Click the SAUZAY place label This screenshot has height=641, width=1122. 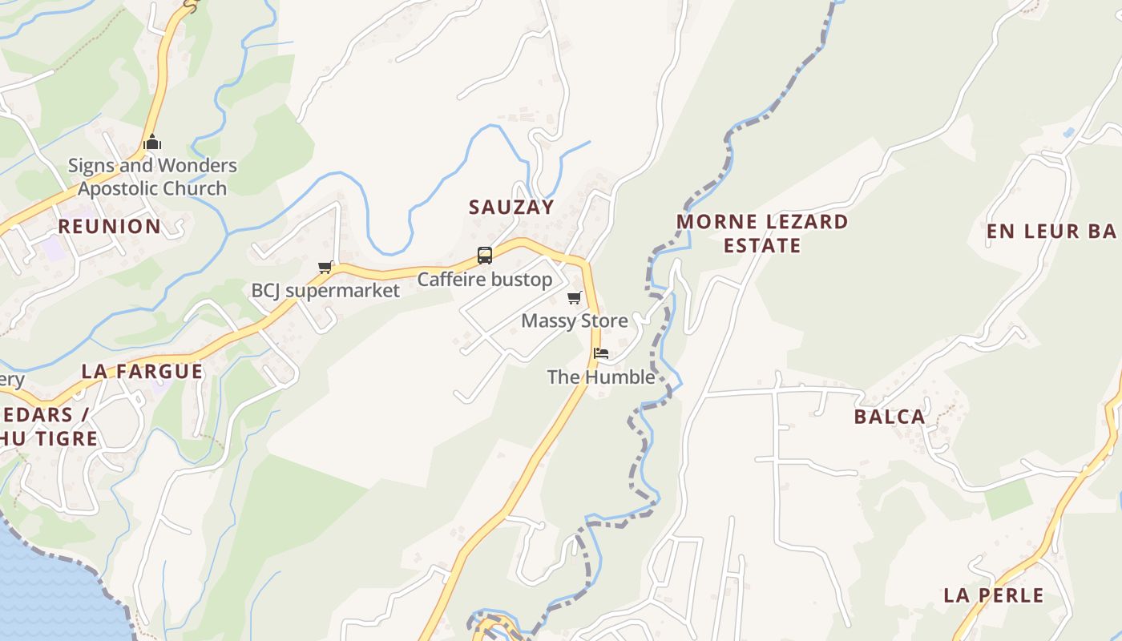[511, 207]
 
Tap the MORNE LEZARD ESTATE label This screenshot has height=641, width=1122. [762, 233]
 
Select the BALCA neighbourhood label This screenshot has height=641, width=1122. [890, 417]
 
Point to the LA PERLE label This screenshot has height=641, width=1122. [994, 595]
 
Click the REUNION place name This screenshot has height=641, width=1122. [109, 227]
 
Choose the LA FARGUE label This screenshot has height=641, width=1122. [142, 372]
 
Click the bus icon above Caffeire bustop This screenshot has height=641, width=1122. [485, 256]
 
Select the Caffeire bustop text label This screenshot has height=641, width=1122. [485, 280]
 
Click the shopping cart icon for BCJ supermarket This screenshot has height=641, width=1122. [325, 267]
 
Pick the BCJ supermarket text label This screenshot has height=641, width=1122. [325, 290]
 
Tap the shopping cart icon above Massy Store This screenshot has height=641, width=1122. [575, 298]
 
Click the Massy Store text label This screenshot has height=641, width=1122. [575, 321]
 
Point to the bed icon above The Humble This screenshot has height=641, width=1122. [601, 353]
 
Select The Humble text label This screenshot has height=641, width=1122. [601, 377]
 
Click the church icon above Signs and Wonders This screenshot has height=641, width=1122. [152, 143]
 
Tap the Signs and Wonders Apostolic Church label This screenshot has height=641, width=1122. [152, 177]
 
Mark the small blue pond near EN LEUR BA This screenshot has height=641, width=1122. [1068, 132]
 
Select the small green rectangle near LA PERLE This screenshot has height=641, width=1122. [1008, 499]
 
